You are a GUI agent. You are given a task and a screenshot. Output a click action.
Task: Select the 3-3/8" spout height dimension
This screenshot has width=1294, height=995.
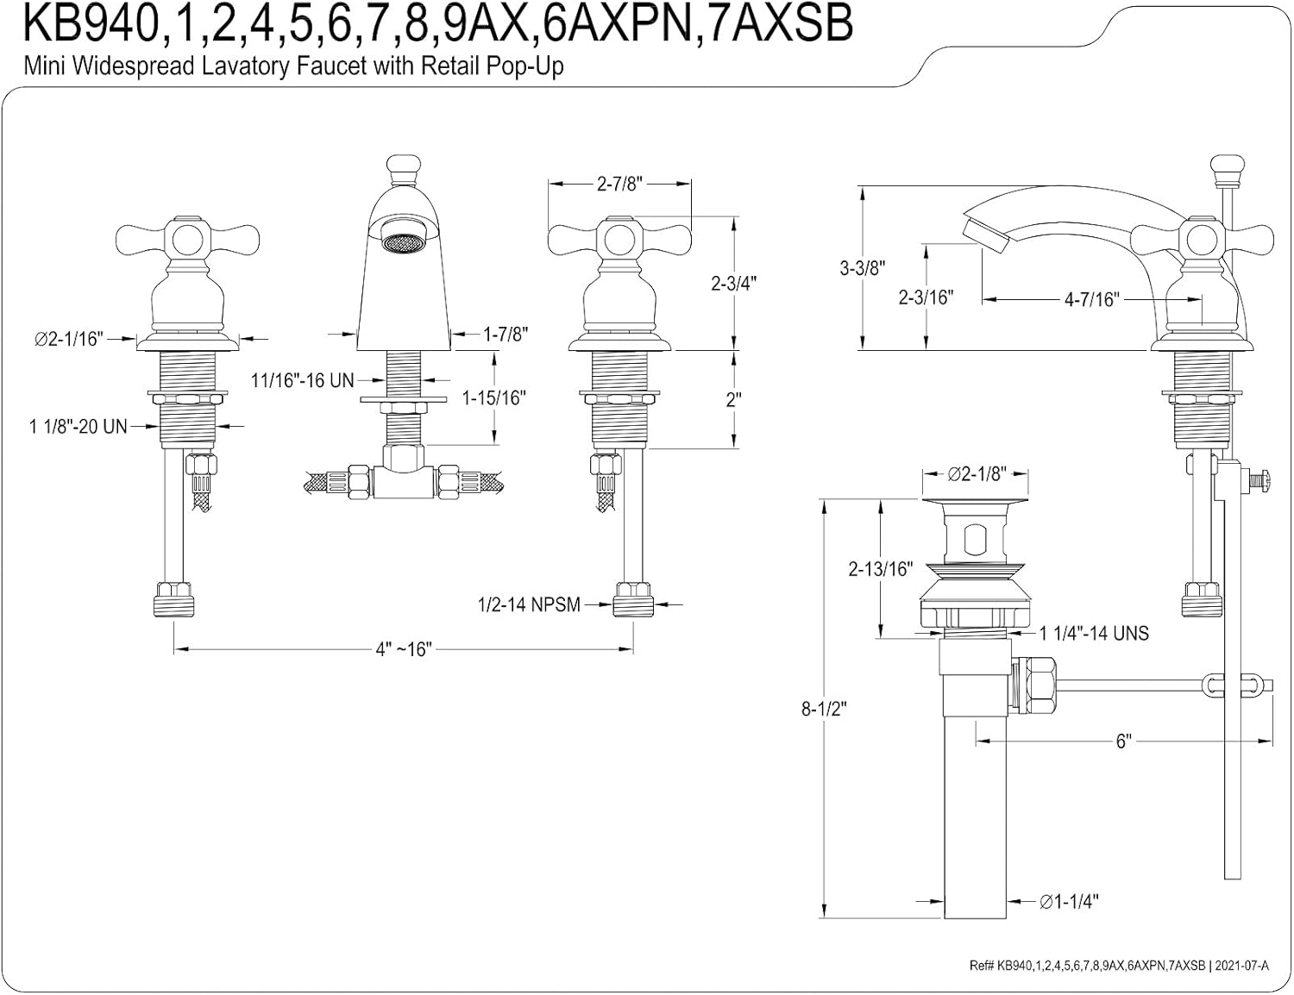(x=863, y=268)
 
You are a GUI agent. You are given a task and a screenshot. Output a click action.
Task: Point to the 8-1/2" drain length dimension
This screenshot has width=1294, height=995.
(x=825, y=709)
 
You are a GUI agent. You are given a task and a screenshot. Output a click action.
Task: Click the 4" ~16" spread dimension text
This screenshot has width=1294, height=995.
(x=403, y=649)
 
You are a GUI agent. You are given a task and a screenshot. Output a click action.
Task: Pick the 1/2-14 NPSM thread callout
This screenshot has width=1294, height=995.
(x=529, y=605)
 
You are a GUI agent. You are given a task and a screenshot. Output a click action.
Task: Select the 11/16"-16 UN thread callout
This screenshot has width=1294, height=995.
(x=303, y=379)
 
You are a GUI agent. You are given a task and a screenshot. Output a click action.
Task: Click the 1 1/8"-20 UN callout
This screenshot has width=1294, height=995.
(x=79, y=426)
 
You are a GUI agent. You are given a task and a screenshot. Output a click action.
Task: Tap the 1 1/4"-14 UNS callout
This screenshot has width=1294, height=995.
(x=1094, y=634)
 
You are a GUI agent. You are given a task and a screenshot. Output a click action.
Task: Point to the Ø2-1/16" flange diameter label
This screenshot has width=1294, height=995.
(x=69, y=339)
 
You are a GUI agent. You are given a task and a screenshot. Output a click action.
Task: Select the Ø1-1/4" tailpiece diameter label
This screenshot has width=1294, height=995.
(x=1069, y=902)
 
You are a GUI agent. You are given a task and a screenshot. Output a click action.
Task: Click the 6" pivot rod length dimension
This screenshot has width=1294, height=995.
(x=1123, y=742)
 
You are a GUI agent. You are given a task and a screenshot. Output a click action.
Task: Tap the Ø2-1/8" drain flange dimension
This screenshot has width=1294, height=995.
(x=977, y=474)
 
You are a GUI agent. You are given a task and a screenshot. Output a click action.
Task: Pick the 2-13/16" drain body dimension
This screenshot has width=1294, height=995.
(x=880, y=568)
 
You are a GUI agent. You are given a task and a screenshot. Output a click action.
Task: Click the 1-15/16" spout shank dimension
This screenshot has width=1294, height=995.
(x=494, y=397)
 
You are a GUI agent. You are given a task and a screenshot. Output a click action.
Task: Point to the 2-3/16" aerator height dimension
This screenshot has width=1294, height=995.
(x=926, y=297)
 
